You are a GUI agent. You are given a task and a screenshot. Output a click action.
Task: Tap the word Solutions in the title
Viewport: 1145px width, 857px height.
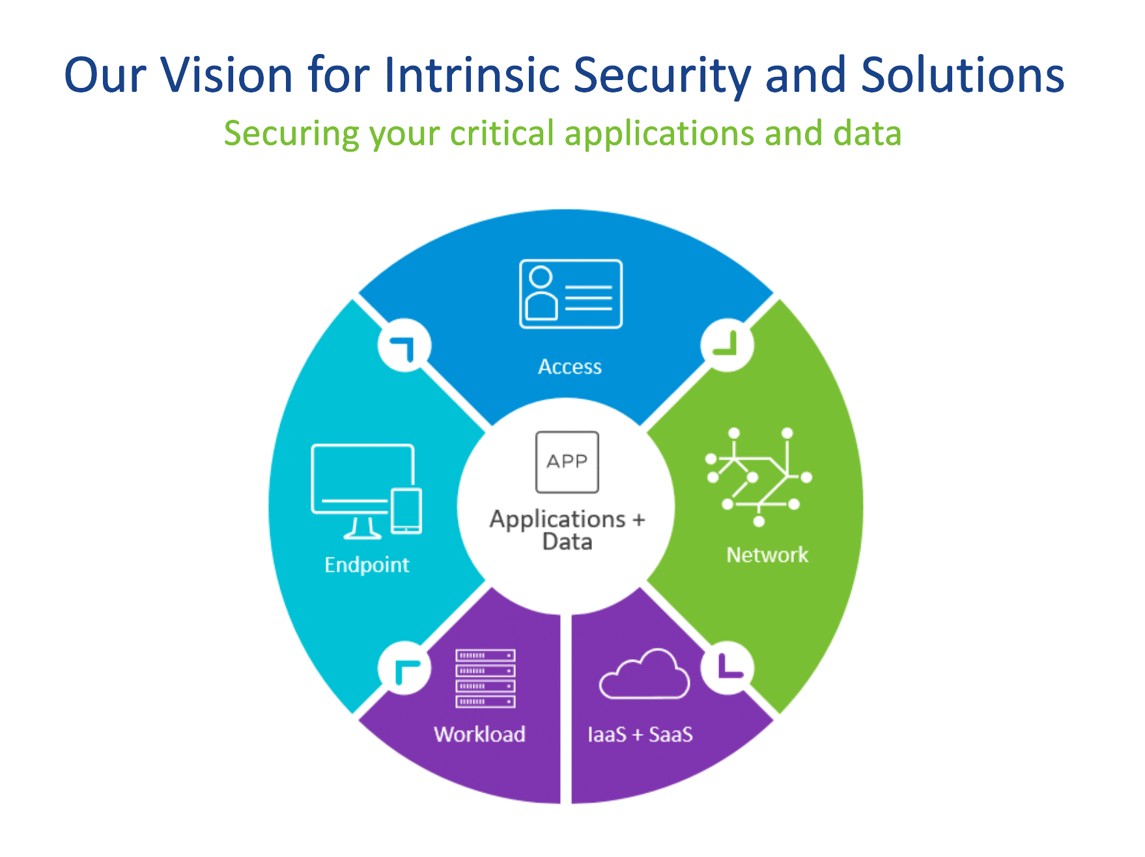[963, 75]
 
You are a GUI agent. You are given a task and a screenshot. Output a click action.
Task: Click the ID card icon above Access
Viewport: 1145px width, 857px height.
[571, 294]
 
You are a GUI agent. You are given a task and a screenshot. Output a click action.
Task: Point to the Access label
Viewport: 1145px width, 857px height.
[570, 367]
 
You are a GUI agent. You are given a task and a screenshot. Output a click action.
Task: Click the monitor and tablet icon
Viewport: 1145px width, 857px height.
[367, 492]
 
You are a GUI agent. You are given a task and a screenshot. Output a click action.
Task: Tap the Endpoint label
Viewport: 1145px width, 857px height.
[367, 565]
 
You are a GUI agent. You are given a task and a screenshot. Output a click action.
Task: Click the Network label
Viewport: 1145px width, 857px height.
[767, 555]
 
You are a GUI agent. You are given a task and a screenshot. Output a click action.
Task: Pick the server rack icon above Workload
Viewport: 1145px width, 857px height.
[486, 678]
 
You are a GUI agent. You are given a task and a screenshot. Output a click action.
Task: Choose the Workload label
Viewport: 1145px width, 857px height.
[480, 735]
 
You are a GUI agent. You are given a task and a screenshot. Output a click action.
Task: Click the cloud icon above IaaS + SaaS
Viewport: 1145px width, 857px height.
[644, 674]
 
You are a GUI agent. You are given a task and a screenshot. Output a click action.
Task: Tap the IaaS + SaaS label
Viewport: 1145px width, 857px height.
[640, 735]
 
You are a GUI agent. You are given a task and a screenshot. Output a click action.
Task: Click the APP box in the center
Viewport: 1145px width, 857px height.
[567, 462]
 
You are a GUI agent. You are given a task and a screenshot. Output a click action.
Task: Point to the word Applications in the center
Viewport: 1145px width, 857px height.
[558, 519]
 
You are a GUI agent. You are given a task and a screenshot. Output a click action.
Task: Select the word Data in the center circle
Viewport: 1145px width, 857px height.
[567, 542]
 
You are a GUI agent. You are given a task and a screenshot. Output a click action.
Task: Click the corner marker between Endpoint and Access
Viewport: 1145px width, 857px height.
[404, 345]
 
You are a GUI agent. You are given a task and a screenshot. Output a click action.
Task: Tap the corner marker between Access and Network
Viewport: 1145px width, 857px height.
[728, 345]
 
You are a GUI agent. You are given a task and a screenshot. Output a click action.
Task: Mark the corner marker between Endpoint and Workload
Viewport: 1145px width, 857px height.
[404, 668]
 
